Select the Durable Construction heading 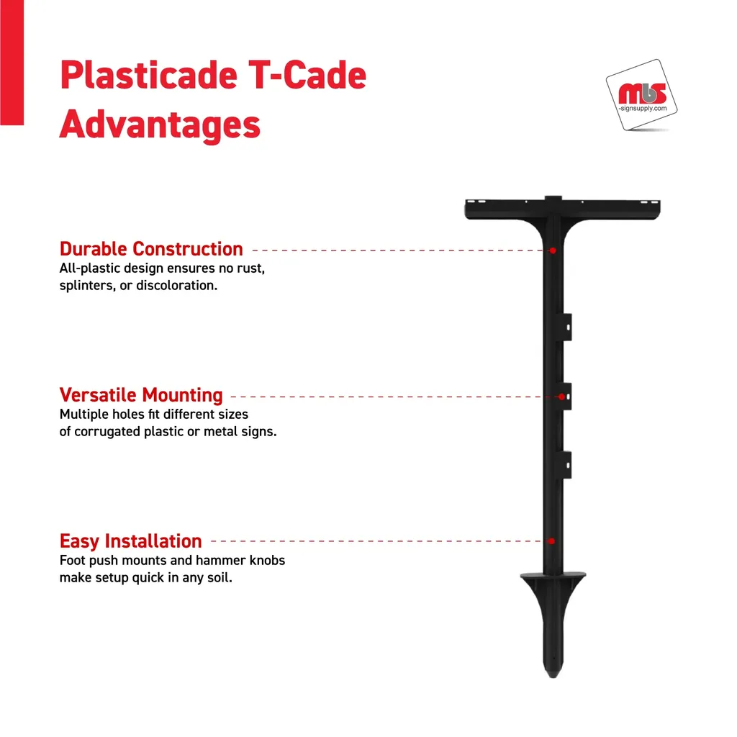coord(151,249)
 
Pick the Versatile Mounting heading coord(141,395)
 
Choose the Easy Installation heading coord(130,541)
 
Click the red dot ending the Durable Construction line coord(553,250)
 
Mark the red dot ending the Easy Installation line coord(551,541)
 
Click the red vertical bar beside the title coord(12,63)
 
